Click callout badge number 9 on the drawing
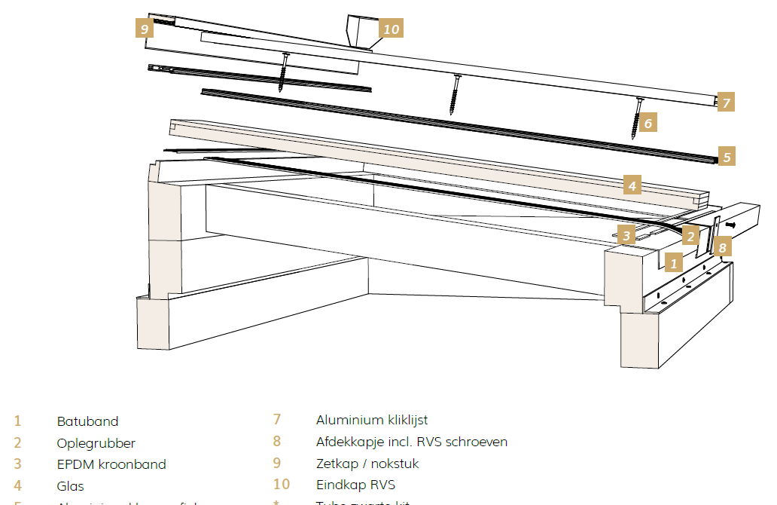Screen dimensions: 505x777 (144, 28)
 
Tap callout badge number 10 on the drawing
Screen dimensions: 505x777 (391, 29)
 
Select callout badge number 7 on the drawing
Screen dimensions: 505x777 (726, 103)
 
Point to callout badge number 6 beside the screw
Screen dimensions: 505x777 (648, 121)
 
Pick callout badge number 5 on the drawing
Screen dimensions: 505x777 (726, 157)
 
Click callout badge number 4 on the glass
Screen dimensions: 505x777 (632, 185)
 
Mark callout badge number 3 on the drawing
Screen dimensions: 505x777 (626, 234)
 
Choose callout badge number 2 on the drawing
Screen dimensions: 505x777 (690, 235)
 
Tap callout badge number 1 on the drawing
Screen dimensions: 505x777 (674, 262)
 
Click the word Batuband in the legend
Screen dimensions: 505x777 (87, 421)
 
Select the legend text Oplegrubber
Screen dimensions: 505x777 (96, 443)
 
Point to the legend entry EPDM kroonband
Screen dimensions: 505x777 (111, 464)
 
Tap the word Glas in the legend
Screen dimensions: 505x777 (70, 486)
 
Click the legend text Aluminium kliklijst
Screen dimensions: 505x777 (372, 420)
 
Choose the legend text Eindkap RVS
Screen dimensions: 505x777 (355, 485)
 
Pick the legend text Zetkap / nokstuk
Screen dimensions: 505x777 (367, 464)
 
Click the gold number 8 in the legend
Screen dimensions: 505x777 (277, 442)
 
